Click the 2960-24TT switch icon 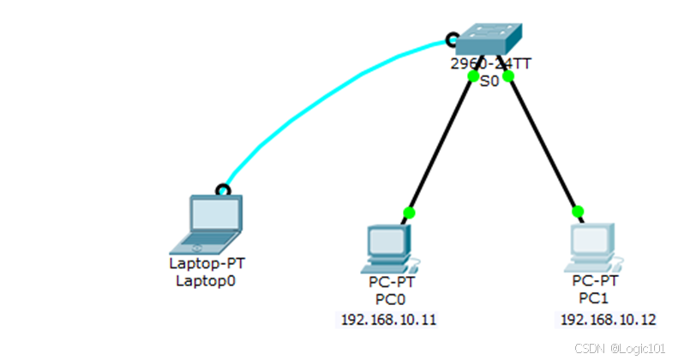coord(489,39)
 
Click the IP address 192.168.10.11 coord(389,320)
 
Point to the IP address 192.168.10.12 coord(608,320)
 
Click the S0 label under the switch coord(489,81)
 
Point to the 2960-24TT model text coord(487,65)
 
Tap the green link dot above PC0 coord(409,212)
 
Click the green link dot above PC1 coord(578,211)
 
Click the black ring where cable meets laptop coord(223,189)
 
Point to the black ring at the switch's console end coord(451,39)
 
